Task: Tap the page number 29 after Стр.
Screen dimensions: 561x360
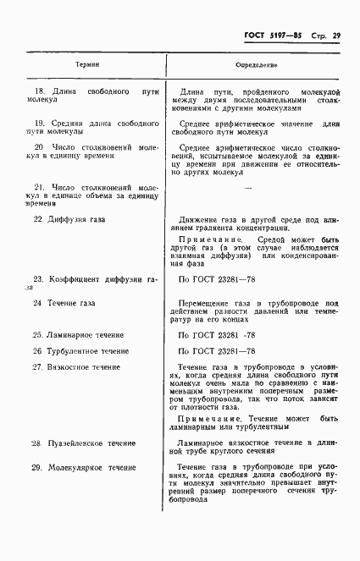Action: tap(335, 36)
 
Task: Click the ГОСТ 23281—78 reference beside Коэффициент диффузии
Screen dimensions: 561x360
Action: tap(218, 278)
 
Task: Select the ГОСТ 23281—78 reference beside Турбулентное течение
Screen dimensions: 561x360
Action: tap(218, 350)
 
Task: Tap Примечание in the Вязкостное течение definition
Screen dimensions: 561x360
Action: tap(213, 419)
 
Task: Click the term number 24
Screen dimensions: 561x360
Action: tap(37, 302)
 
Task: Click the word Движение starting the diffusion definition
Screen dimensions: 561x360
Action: tap(202, 219)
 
